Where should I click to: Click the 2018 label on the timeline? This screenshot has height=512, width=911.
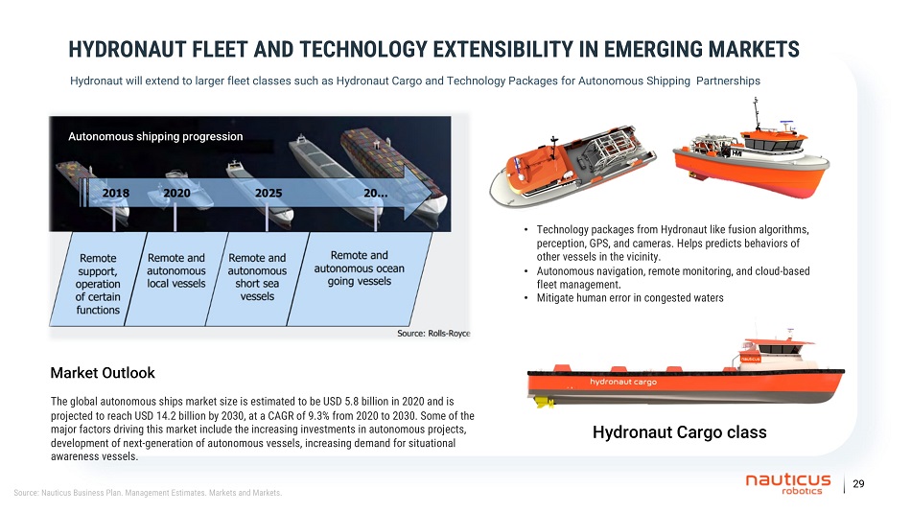tap(116, 193)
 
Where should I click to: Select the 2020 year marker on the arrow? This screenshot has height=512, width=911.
tap(176, 193)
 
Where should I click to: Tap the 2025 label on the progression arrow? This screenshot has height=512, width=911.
tap(269, 193)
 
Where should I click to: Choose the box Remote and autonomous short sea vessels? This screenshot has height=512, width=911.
tap(257, 277)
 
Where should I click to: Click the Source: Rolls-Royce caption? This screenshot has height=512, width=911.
tap(433, 334)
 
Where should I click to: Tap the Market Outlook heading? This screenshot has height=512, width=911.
tap(103, 373)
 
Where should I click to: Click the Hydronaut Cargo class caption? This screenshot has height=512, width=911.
tap(680, 432)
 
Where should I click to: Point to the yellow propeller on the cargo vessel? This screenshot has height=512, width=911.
tap(545, 402)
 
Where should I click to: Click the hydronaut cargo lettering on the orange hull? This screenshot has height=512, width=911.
tap(623, 382)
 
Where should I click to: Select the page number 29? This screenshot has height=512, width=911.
tap(858, 483)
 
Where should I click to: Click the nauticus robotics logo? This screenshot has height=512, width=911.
tap(788, 483)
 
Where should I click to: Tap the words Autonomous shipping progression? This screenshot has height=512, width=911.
tap(155, 136)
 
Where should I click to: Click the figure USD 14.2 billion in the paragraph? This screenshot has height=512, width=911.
tap(164, 416)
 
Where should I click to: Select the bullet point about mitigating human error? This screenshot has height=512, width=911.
tap(630, 298)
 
